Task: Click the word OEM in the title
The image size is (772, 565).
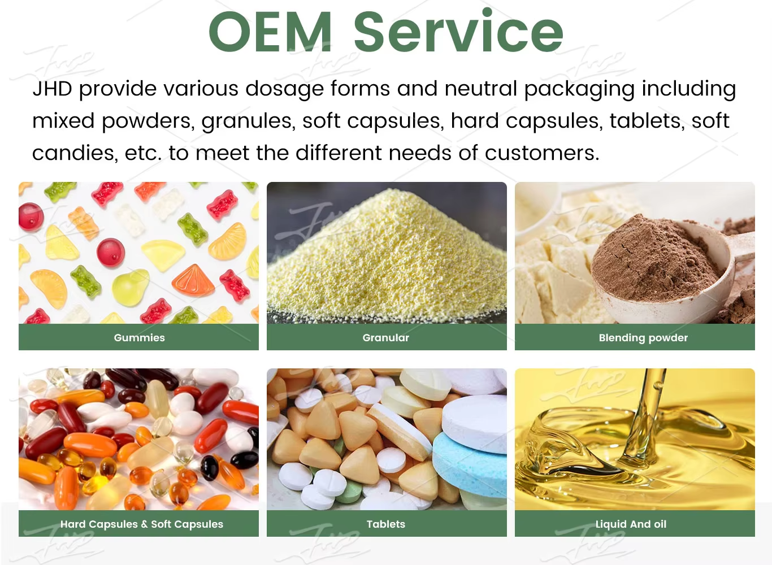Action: click(270, 32)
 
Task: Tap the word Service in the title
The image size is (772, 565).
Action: click(458, 32)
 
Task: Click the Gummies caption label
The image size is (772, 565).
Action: click(139, 337)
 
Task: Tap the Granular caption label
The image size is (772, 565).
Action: click(386, 337)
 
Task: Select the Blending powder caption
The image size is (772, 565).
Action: click(643, 337)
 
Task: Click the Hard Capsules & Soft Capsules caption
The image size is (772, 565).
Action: click(142, 524)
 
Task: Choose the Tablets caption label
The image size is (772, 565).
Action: click(386, 524)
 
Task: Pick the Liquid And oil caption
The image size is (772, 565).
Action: click(631, 524)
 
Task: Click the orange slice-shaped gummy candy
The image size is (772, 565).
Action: click(194, 280)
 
